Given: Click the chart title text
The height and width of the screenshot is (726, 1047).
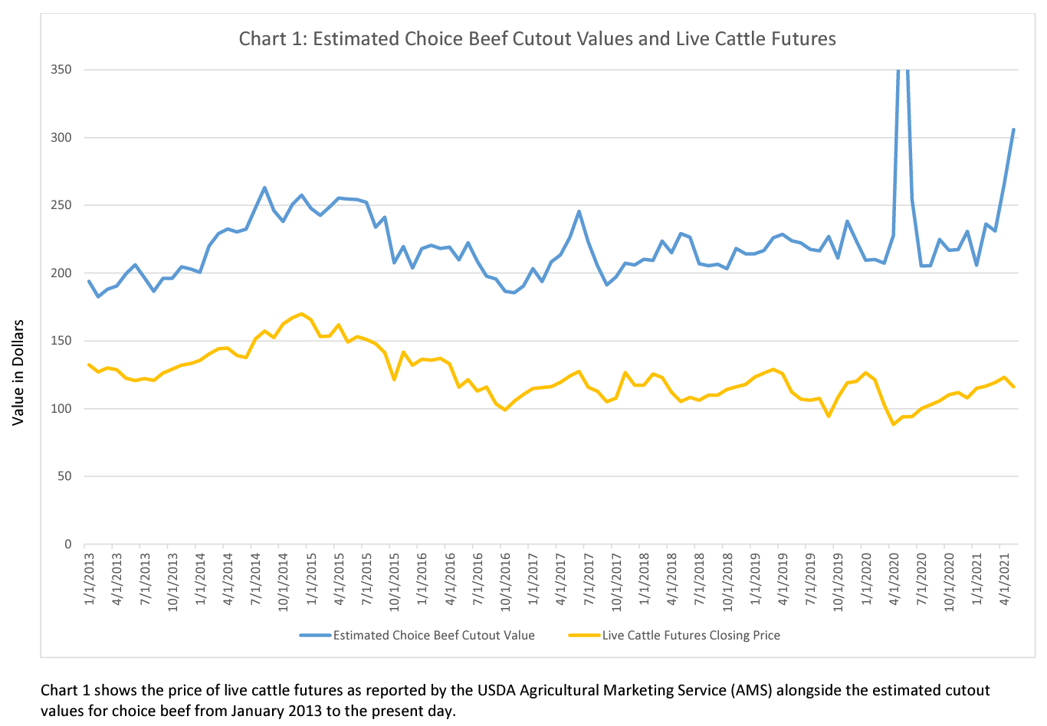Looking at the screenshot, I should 537,39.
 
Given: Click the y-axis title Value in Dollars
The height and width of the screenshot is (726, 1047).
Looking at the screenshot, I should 18,372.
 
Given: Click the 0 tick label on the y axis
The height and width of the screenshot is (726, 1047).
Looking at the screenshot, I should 67,544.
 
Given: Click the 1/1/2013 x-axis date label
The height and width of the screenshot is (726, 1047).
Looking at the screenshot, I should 90,579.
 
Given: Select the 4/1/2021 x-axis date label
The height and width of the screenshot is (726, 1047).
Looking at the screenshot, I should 1004,579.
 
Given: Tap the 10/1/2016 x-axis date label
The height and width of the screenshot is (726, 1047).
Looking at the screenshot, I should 505,581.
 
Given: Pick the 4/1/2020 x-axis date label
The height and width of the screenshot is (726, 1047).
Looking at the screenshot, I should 893,579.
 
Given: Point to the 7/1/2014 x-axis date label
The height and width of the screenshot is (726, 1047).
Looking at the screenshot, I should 256,579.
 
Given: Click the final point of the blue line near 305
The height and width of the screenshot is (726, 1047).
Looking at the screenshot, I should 1013,129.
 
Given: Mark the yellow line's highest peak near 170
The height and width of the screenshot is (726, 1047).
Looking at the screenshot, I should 301,314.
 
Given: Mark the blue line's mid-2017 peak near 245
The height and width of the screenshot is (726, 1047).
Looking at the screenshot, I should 579,211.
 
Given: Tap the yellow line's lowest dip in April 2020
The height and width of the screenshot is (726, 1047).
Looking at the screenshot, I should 893,424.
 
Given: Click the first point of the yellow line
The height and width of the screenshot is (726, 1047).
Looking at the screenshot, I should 89,365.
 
